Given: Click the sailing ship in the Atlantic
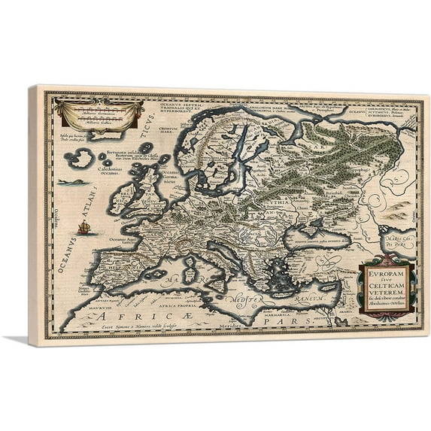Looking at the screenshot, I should coord(83,227).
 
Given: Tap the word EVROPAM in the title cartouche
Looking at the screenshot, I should coord(385,274).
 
